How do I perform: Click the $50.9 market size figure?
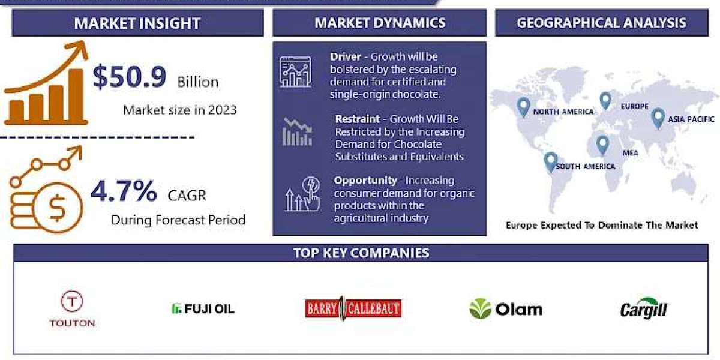coord(129,77)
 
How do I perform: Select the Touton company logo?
coord(72,309)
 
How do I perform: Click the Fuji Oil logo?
coord(203,309)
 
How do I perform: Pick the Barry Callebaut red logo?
coord(353,308)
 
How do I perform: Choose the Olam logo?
coord(506,309)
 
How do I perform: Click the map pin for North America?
coord(523,107)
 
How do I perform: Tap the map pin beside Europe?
coord(605,101)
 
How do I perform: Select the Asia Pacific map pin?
coord(658,118)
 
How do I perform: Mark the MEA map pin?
coord(602,145)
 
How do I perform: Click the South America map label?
coord(586,167)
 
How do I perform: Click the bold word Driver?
coord(346,56)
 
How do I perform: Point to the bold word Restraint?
coord(358,119)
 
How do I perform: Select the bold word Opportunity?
coord(365,181)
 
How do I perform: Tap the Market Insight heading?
coord(137,23)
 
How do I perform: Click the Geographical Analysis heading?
coord(601,23)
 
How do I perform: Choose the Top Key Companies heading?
coord(361,253)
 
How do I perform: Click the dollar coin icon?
coord(57,208)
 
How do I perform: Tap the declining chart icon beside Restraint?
coord(298,132)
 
